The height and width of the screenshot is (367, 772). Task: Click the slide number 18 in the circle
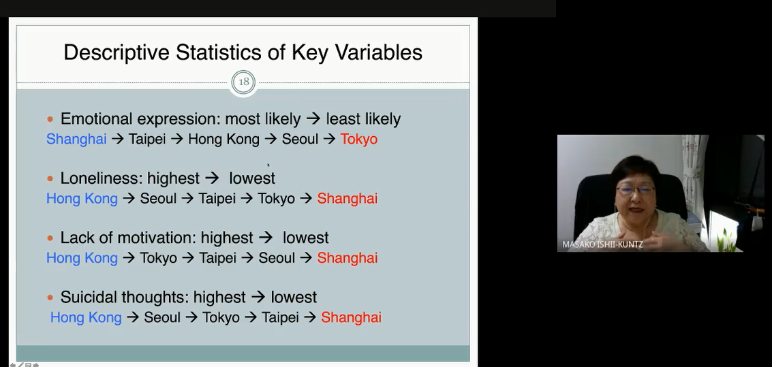tap(244, 82)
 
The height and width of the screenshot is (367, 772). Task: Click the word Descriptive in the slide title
tap(117, 52)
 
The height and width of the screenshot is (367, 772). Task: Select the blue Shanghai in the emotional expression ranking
tap(76, 139)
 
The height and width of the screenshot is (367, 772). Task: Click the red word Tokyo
tap(359, 139)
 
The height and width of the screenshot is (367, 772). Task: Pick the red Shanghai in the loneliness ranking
tap(347, 199)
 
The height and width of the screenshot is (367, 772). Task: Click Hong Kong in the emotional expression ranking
tap(223, 139)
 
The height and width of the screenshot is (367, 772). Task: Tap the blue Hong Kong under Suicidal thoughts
tap(86, 318)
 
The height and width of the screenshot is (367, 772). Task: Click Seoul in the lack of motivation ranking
tap(277, 258)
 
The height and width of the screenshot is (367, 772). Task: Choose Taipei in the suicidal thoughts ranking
tap(280, 318)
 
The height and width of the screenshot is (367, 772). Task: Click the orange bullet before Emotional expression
tap(50, 119)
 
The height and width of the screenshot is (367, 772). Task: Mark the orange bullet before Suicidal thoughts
tap(50, 298)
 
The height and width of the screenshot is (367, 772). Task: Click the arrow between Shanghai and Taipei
tap(118, 139)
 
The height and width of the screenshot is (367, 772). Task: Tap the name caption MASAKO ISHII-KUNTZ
tap(602, 244)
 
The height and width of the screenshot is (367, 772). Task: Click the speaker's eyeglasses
tap(635, 190)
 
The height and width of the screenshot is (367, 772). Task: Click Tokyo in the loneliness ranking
tap(276, 199)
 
